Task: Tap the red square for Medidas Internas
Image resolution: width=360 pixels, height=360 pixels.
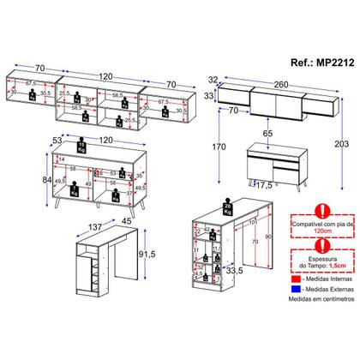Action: [x=296, y=303]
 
